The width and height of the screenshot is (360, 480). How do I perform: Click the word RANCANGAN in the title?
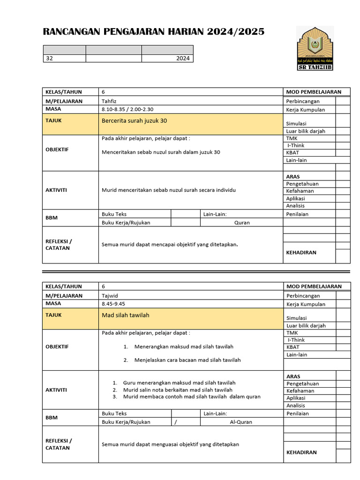pyautogui.click(x=69, y=32)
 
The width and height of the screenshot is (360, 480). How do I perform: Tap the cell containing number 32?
pyautogui.click(x=49, y=59)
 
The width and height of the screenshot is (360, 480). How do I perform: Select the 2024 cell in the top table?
pyautogui.click(x=183, y=59)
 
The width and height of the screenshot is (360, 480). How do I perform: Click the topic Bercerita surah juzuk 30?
pyautogui.click(x=134, y=121)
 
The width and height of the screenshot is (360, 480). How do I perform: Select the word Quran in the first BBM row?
pyautogui.click(x=242, y=223)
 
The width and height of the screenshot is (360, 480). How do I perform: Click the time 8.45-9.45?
pyautogui.click(x=113, y=304)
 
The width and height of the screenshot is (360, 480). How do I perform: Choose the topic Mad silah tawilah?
pyautogui.click(x=126, y=315)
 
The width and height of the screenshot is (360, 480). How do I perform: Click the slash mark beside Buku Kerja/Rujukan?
pyautogui.click(x=175, y=422)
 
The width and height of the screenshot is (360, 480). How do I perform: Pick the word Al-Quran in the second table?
pyautogui.click(x=241, y=422)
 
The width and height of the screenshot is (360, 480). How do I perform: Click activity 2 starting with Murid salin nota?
pyautogui.click(x=178, y=390)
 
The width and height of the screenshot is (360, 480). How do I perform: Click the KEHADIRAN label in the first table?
pyautogui.click(x=301, y=253)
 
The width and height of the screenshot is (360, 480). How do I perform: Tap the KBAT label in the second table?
pyautogui.click(x=292, y=347)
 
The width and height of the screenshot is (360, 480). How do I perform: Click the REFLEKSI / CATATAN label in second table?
pyautogui.click(x=59, y=444)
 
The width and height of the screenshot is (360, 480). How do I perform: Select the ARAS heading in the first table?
pyautogui.click(x=293, y=177)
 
